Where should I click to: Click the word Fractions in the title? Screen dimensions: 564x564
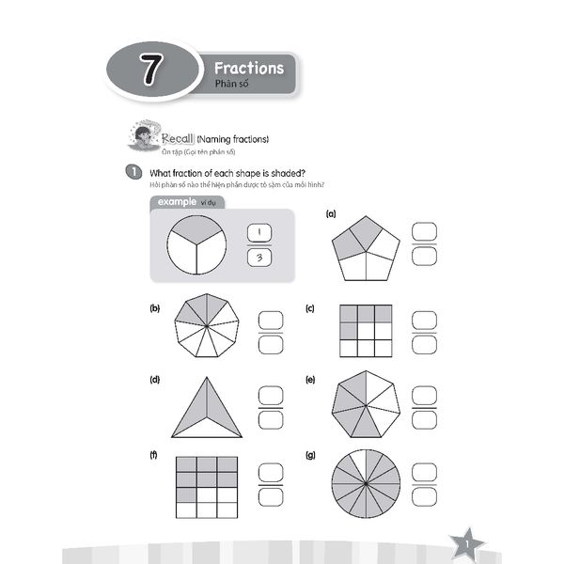click(248, 69)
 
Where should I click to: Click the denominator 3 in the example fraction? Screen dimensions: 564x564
click(258, 258)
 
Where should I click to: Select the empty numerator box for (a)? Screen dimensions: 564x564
click(425, 232)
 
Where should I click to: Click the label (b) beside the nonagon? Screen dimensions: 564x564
click(154, 308)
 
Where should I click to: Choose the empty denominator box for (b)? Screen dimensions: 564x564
click(271, 345)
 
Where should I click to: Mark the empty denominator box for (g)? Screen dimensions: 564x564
click(425, 495)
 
